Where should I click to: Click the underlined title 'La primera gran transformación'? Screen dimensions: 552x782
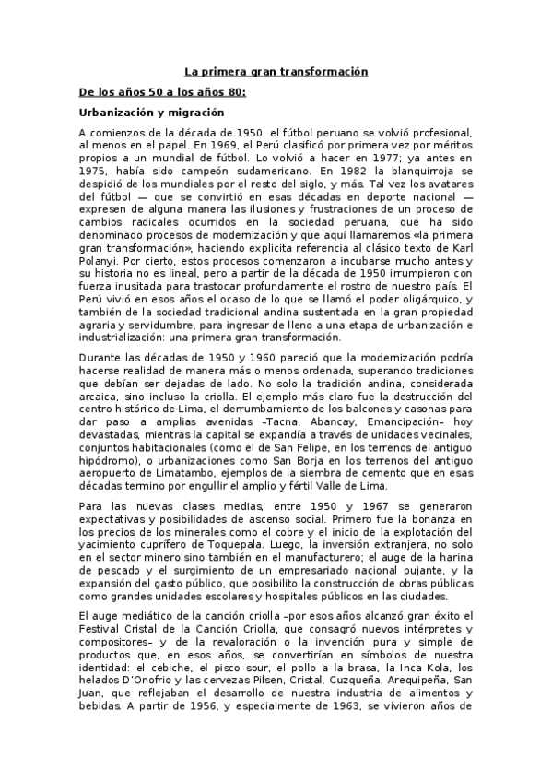(276, 72)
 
